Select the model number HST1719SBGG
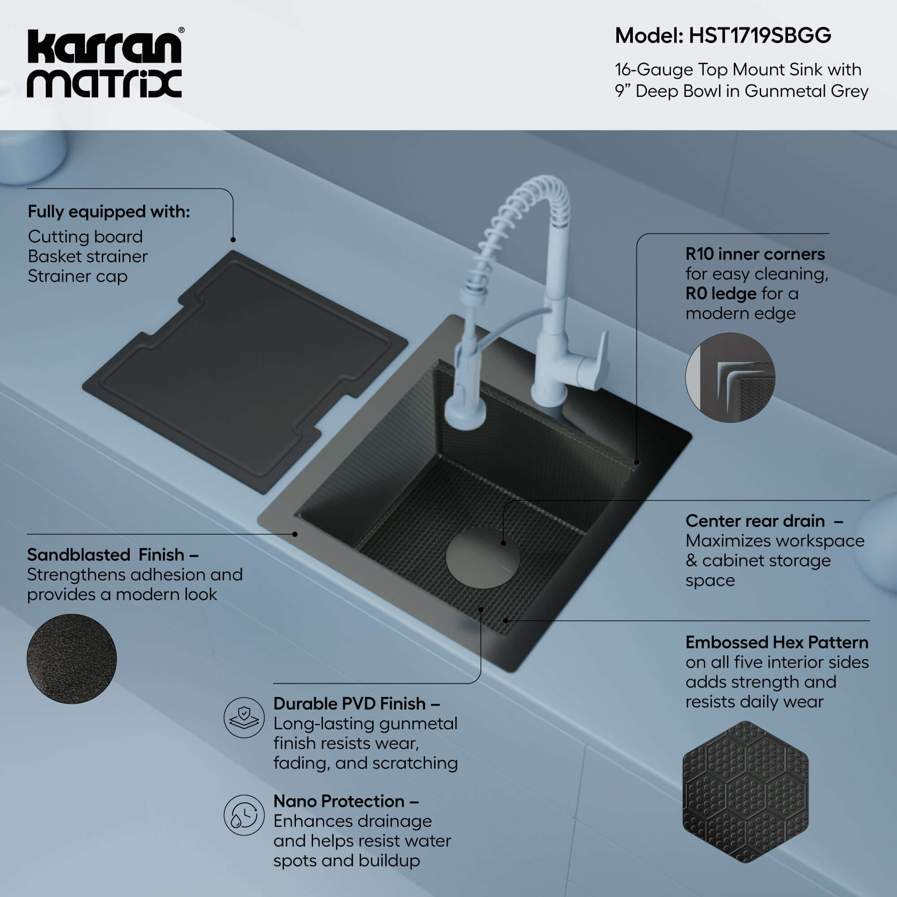click(760, 36)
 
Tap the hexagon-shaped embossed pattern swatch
click(745, 792)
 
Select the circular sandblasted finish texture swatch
click(71, 658)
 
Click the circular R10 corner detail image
click(730, 378)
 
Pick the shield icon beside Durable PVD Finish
click(244, 717)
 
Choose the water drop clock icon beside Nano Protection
click(244, 815)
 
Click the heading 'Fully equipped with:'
click(109, 212)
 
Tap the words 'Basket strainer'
click(87, 256)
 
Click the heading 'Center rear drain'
click(755, 521)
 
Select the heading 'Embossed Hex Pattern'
click(777, 643)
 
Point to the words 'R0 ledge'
click(721, 293)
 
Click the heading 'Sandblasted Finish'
click(106, 555)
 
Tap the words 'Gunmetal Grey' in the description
click(806, 91)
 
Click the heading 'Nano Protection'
click(339, 801)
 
